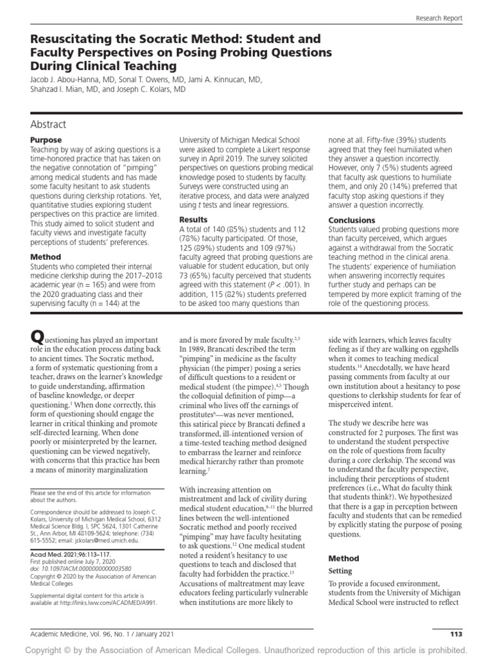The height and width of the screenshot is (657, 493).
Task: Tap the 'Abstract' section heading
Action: (x=48, y=124)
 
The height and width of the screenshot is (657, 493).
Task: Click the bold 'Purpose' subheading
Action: (x=46, y=140)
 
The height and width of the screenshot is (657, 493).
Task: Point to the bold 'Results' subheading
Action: (x=194, y=220)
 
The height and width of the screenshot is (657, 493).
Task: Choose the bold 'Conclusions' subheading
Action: (x=351, y=220)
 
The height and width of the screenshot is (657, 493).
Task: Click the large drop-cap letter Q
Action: (x=38, y=336)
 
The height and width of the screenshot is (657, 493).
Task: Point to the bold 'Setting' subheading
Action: (x=341, y=570)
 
